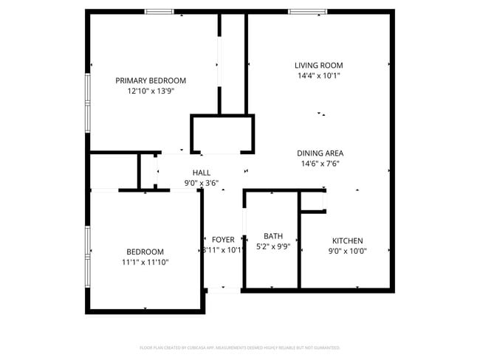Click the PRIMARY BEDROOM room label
pos(151,80)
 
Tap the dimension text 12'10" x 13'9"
pos(151,91)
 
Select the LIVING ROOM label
pos(319,65)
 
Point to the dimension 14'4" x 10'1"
pos(319,75)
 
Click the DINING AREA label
pos(320,153)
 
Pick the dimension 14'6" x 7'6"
pos(320,164)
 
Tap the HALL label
pos(202,173)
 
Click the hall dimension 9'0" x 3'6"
pos(202,183)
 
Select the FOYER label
pos(223,240)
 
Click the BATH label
pos(273,236)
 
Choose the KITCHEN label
pos(347,240)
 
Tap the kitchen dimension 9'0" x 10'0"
pos(347,251)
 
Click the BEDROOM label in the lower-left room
pos(145,252)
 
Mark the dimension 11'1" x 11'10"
pos(145,262)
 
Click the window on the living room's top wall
pos(307,12)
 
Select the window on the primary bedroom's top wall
pos(159,12)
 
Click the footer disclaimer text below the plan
pos(240,347)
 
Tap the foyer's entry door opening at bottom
pos(223,290)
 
